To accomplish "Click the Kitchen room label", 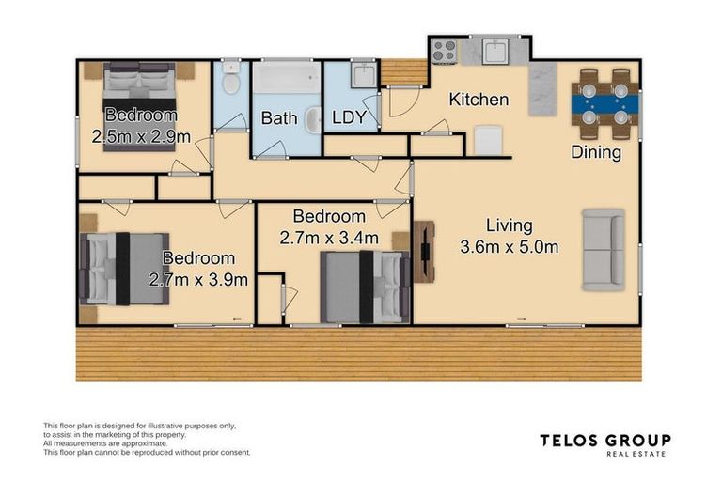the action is pyautogui.click(x=479, y=100).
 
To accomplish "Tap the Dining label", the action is pyautogui.click(x=596, y=152).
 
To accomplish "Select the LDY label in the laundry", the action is pyautogui.click(x=349, y=117).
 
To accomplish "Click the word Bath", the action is pyautogui.click(x=279, y=118).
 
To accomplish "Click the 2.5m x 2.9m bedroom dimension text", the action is pyautogui.click(x=141, y=137).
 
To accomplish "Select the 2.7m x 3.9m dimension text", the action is pyautogui.click(x=198, y=279).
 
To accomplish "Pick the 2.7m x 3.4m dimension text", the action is pyautogui.click(x=329, y=238).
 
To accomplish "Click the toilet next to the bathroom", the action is pyautogui.click(x=230, y=78).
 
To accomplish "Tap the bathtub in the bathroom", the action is pyautogui.click(x=287, y=77).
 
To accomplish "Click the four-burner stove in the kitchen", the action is pyautogui.click(x=445, y=51).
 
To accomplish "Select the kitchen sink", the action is pyautogui.click(x=495, y=51).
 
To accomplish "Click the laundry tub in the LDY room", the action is pyautogui.click(x=364, y=73).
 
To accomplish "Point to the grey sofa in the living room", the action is pyautogui.click(x=604, y=250).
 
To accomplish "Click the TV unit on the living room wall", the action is pyautogui.click(x=424, y=252).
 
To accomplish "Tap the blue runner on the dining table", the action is pyautogui.click(x=605, y=104).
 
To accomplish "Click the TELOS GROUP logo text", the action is pyautogui.click(x=605, y=441).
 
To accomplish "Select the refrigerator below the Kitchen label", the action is pyautogui.click(x=488, y=140).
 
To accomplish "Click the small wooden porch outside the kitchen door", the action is pyautogui.click(x=404, y=72).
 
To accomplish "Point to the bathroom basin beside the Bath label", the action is pyautogui.click(x=314, y=120).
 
